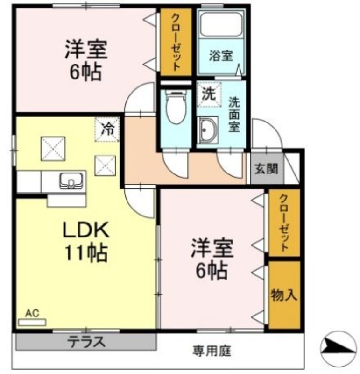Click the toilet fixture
click(x=176, y=107)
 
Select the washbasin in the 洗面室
click(x=209, y=130)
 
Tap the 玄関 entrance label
click(x=266, y=169)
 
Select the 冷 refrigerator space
click(x=107, y=129)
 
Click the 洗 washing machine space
click(x=209, y=94)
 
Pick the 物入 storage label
click(x=284, y=295)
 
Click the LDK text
click(x=86, y=230)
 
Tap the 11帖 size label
click(x=86, y=253)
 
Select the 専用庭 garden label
click(x=212, y=351)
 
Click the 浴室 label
click(x=221, y=56)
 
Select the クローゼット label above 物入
click(x=284, y=223)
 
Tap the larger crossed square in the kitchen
click(x=53, y=149)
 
